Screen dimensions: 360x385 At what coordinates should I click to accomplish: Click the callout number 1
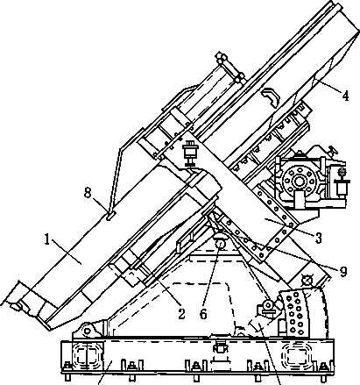(47, 239)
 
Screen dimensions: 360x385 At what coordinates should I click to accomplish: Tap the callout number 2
(181, 314)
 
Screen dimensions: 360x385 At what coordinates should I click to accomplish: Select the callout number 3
(319, 238)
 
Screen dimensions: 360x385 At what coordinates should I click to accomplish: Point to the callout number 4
(345, 96)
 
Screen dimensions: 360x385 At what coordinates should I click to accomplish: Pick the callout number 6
(203, 314)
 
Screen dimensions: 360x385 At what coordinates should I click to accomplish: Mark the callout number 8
(88, 193)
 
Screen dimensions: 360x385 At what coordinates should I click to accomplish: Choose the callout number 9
(343, 272)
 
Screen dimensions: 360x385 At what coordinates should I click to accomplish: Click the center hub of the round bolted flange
(299, 182)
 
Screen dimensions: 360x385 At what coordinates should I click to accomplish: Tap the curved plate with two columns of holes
(293, 313)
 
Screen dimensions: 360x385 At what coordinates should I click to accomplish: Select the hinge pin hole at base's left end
(87, 332)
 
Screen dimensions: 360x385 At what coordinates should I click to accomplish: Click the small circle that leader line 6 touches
(220, 244)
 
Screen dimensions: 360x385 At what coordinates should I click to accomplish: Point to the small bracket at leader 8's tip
(110, 216)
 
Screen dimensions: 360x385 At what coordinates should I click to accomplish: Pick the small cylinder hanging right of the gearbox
(342, 186)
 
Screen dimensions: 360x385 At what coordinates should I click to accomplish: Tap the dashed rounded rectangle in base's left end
(87, 356)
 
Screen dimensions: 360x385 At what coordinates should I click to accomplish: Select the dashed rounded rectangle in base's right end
(296, 355)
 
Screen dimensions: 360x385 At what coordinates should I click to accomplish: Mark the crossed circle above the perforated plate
(307, 281)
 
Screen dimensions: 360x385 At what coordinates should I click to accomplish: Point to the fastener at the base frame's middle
(220, 347)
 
